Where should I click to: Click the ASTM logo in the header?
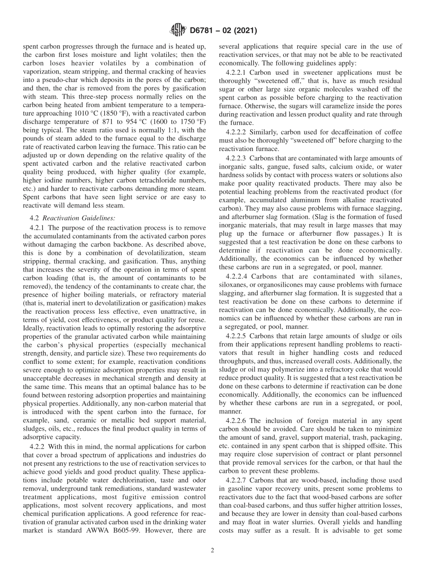(178, 31)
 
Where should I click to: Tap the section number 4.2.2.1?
(238, 72)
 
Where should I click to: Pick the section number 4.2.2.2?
(238, 132)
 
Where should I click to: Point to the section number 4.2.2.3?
(238, 158)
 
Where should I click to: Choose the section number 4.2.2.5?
(238, 336)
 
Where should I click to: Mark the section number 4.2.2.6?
(238, 421)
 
